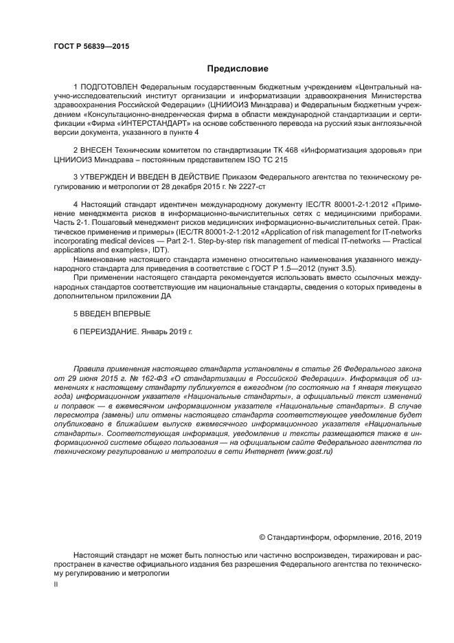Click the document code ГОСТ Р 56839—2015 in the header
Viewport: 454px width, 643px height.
click(91, 46)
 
